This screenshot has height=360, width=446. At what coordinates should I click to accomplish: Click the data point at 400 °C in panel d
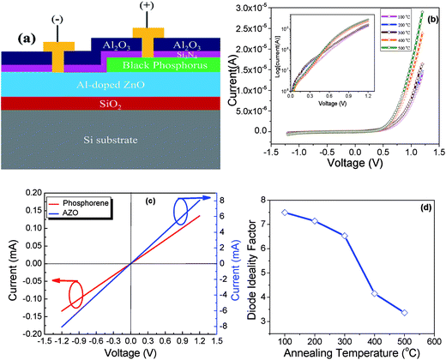coord(374,294)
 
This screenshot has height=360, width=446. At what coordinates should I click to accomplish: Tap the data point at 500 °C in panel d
coord(404,312)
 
